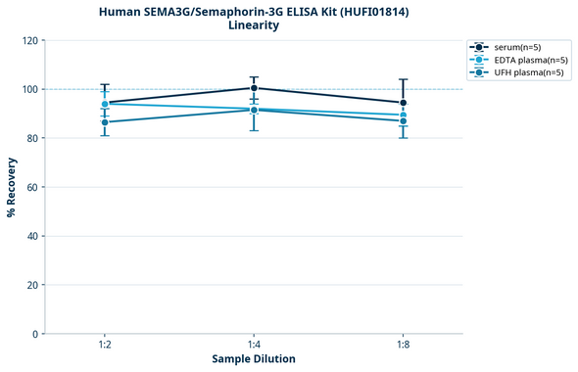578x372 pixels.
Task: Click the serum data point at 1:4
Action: (254, 88)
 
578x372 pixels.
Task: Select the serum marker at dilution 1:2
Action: (105, 103)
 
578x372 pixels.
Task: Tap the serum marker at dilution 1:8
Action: (403, 103)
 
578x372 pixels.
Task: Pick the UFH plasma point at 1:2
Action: (105, 122)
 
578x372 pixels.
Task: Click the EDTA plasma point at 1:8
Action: (403, 116)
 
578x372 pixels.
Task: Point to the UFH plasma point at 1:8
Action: (403, 121)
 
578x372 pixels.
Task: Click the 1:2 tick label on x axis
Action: (105, 345)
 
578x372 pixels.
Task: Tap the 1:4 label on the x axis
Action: (254, 345)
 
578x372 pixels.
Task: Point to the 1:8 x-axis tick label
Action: (403, 345)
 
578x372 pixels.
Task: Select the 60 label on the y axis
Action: (32, 187)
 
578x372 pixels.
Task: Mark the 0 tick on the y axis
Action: (35, 334)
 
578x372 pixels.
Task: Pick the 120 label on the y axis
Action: (29, 40)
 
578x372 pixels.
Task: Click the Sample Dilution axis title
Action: (254, 359)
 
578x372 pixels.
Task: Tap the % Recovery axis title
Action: (12, 187)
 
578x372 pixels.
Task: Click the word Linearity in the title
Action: (253, 24)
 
